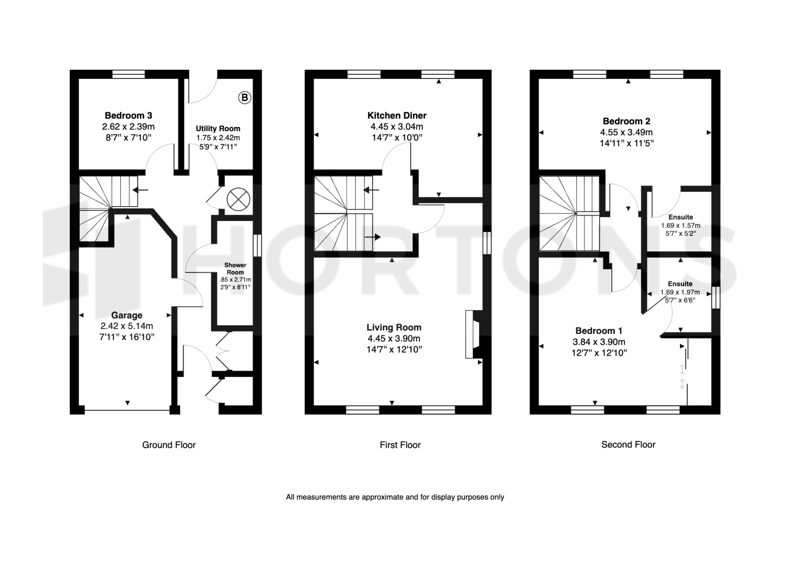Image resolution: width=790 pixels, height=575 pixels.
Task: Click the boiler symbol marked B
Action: pos(245,97)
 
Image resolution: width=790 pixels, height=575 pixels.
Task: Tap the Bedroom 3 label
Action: pos(128,116)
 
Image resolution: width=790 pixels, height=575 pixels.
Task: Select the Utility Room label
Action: pos(218,129)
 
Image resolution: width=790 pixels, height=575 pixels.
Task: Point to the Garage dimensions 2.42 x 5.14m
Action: pos(127,326)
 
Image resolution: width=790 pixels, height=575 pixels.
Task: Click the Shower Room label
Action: pos(235,269)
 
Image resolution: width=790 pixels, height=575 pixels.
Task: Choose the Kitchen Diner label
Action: pos(397,116)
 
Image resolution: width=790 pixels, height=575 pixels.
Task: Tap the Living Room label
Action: pos(394,327)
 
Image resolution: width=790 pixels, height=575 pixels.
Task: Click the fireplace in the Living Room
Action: pos(473,334)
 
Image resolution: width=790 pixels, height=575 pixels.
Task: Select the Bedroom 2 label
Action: pos(627,121)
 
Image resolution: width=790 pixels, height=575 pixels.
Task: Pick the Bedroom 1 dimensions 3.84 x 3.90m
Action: pos(599,342)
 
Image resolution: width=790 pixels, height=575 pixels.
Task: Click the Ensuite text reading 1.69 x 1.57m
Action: pos(681,226)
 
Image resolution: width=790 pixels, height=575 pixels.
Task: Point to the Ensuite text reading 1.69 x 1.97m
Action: pos(680,292)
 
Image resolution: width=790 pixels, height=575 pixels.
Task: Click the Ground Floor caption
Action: pos(169,445)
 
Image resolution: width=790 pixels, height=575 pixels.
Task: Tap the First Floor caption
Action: pos(400,445)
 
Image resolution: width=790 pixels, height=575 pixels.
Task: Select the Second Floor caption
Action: pos(628,445)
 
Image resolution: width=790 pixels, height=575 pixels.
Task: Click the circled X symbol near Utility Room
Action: pos(239,199)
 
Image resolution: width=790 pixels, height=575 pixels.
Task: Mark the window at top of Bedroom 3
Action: pos(129,74)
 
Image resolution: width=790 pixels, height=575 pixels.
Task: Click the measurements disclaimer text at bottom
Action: pos(395,497)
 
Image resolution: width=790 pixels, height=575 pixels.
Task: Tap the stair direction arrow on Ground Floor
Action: pos(140,190)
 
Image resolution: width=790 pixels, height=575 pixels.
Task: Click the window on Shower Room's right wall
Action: pos(257,246)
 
